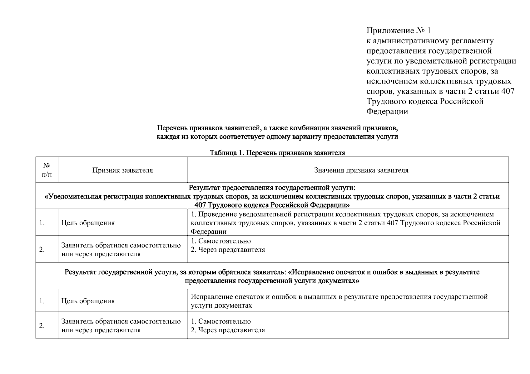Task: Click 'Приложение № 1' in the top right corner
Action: (398, 31)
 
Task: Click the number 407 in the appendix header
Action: (508, 91)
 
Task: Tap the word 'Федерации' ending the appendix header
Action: (387, 112)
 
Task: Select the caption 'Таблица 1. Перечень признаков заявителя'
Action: (277, 153)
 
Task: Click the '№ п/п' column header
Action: (47, 170)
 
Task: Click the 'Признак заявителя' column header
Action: (122, 170)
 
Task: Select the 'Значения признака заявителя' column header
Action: (361, 170)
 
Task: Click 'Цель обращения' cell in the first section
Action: (88, 223)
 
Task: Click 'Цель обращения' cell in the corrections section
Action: (88, 301)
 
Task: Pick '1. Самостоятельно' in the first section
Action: (220, 241)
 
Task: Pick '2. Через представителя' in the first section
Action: (228, 250)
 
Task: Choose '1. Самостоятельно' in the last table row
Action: (220, 321)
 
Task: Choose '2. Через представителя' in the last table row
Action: (228, 330)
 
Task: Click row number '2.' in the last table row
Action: (42, 326)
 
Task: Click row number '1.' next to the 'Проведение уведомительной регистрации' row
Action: (42, 223)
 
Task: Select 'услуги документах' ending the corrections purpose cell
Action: (221, 305)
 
